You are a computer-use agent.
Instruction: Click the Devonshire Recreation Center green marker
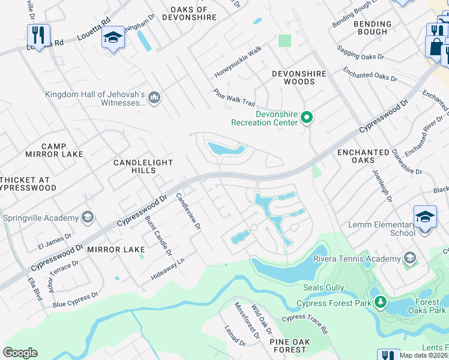307,118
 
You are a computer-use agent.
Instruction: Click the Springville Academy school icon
88,217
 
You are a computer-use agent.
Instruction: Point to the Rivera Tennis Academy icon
409,259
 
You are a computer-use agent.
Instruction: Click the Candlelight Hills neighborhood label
143,167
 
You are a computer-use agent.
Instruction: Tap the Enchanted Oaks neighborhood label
363,157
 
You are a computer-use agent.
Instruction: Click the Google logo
20,353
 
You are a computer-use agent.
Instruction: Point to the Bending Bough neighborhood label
372,28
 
